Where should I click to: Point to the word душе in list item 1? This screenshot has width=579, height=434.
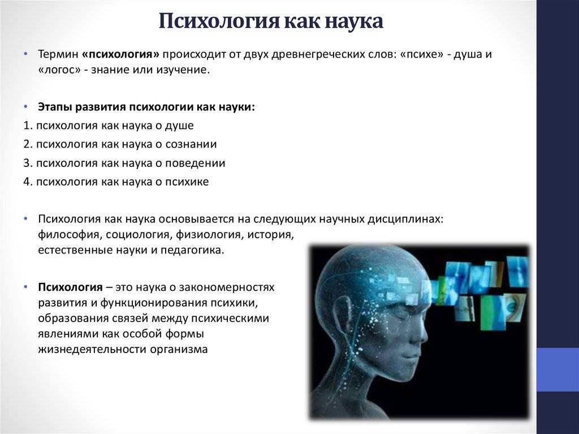click(179, 126)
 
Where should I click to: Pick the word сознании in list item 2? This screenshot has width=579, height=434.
click(191, 144)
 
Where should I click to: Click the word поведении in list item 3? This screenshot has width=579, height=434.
click(195, 163)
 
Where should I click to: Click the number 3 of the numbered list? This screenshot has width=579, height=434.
click(27, 163)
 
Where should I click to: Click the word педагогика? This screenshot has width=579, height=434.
click(192, 250)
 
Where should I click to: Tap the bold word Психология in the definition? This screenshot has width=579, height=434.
click(70, 287)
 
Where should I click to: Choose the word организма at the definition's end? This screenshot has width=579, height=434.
click(179, 349)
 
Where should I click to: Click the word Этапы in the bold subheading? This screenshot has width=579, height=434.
click(55, 107)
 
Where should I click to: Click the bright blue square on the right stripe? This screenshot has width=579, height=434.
click(558, 369)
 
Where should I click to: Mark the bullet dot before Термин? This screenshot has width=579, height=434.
click(25, 54)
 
